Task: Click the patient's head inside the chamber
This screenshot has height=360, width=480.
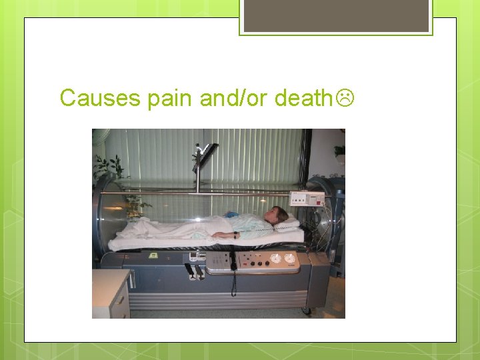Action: coord(279,215)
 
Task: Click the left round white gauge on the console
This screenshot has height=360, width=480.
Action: coord(275,258)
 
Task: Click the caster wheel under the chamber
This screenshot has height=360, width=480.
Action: coord(307,310)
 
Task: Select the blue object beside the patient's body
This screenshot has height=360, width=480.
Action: coord(231,215)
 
